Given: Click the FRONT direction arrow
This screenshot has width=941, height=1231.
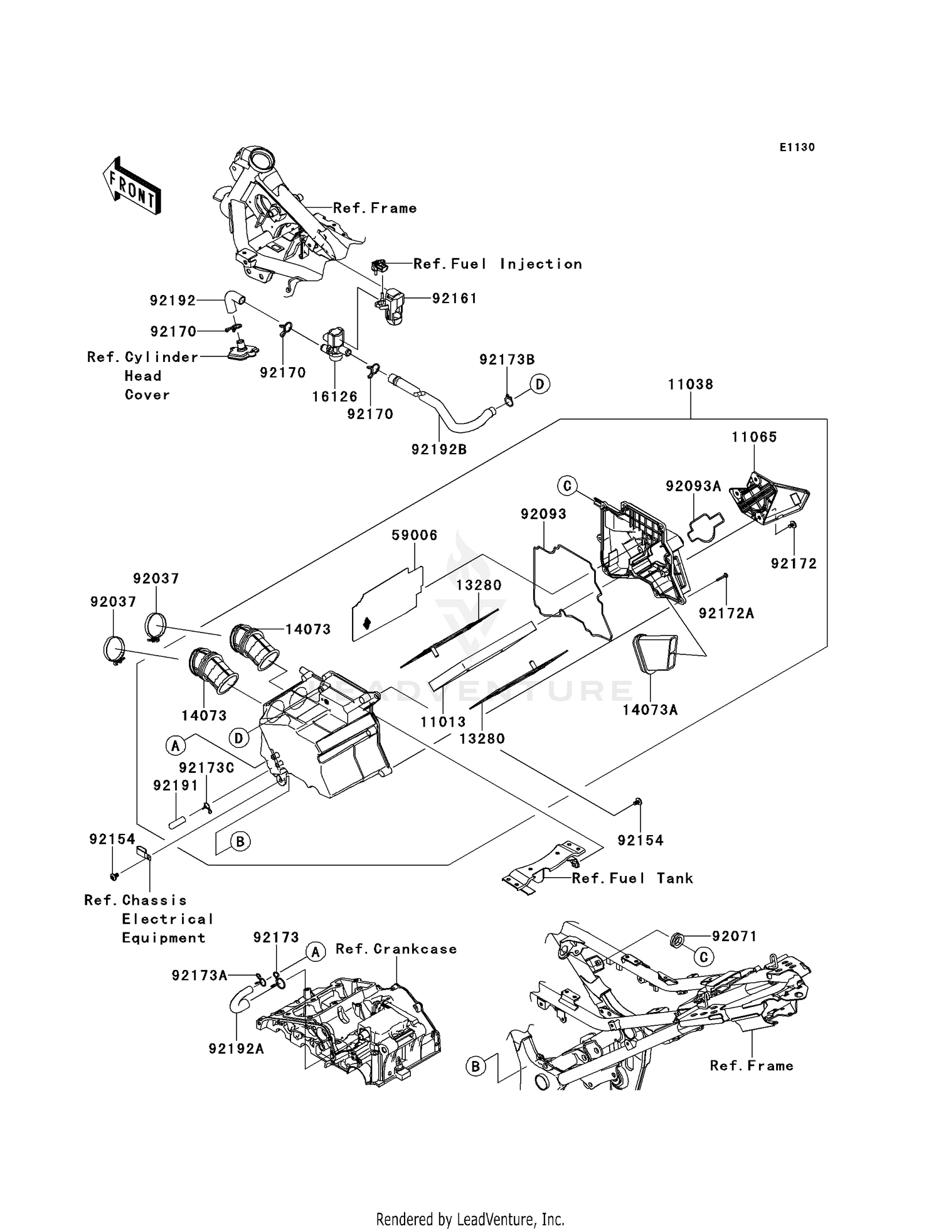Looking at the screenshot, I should point(132,187).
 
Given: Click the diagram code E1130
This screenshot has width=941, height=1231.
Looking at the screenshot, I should point(797,147).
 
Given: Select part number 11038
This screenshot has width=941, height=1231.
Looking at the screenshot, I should point(690,385).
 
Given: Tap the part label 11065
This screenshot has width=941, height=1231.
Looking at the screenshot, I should point(754,437).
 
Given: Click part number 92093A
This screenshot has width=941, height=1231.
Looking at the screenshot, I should point(693,486).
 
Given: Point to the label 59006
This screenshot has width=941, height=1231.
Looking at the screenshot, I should point(414,535).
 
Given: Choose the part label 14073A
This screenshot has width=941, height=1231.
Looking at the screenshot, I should point(650,710).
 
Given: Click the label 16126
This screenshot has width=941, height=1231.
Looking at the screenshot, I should point(335,397).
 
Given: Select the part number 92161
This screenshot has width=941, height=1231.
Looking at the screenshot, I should point(454,299).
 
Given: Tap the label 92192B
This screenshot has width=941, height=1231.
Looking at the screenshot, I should point(439,449).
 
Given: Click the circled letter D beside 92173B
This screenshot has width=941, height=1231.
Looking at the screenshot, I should point(540,383).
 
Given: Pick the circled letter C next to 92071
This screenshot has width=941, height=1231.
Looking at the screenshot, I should point(703,956).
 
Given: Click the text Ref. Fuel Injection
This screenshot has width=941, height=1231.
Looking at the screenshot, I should point(497,264).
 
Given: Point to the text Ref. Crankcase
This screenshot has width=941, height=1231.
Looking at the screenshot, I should point(396,949).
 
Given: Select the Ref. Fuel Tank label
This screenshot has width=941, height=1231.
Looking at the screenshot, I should point(632,878).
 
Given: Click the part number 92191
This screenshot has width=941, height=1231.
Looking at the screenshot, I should point(176,786).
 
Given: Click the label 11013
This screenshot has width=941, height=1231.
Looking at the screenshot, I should point(443,722).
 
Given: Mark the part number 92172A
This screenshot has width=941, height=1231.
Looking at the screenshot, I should point(726,614).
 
